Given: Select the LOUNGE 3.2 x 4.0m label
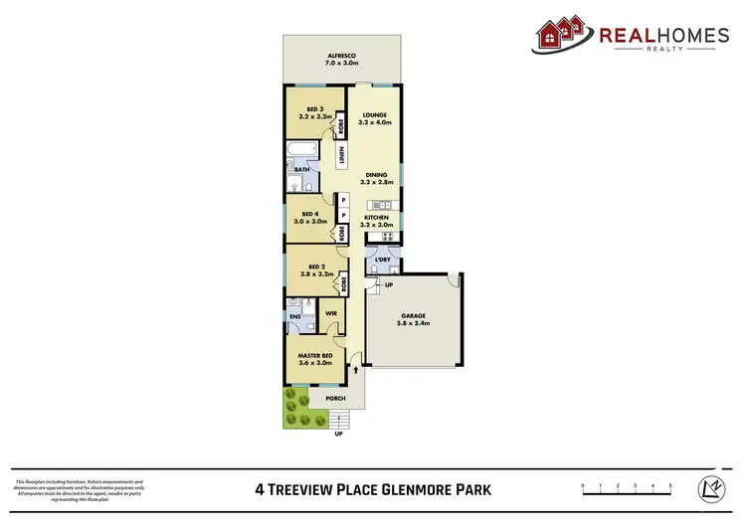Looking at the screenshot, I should pyautogui.click(x=374, y=119).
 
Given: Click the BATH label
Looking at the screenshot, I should pyautogui.click(x=299, y=170).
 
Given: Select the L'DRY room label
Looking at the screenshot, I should pyautogui.click(x=382, y=260).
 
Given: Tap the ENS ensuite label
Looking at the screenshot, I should pyautogui.click(x=295, y=317).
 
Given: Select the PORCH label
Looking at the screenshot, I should pyautogui.click(x=336, y=399).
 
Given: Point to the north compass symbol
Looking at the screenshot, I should pyautogui.click(x=713, y=487).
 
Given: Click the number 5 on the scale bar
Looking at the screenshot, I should pyautogui.click(x=670, y=485).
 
